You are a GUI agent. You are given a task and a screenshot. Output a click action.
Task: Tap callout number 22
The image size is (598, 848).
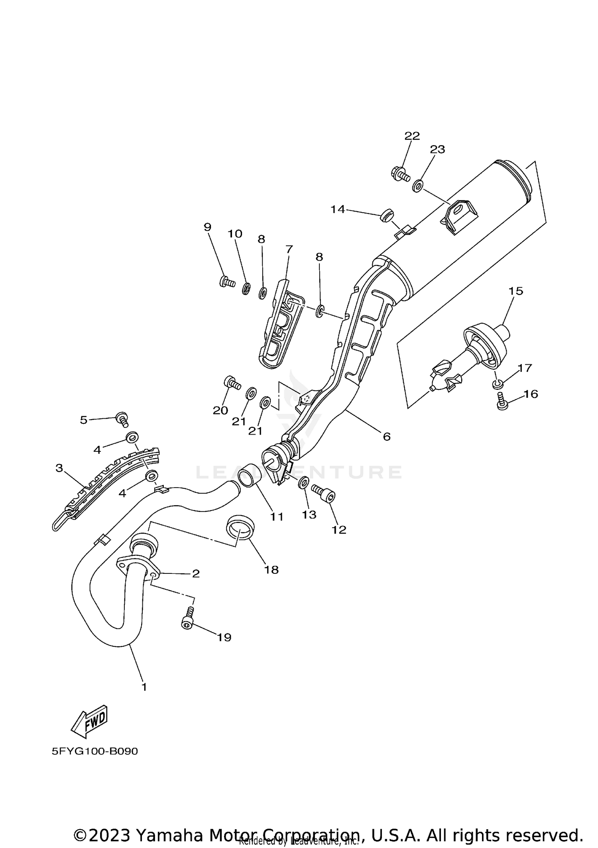[x=412, y=136]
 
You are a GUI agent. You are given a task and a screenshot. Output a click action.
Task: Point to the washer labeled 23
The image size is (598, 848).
[x=418, y=186]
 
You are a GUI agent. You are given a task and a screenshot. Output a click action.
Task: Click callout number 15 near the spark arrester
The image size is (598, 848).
[x=515, y=291]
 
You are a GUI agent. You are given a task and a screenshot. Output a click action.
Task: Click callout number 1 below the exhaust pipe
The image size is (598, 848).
[x=144, y=687]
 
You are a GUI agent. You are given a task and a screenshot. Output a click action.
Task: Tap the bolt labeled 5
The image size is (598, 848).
[x=122, y=419]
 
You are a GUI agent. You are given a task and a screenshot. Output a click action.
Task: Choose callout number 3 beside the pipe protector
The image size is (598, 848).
[x=59, y=468]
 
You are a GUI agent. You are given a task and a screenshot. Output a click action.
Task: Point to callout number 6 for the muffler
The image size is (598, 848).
[x=386, y=437]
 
